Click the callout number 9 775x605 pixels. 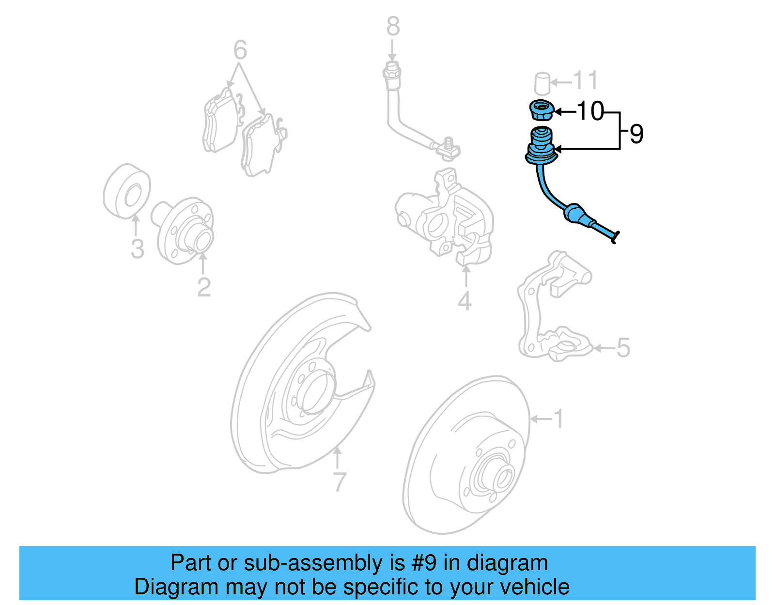pos(636,134)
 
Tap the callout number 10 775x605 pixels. pos(590,111)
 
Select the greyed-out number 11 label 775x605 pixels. pos(585,81)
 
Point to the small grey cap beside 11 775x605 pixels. pos(542,83)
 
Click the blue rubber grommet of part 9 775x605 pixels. pos(541,145)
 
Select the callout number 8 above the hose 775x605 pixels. pos(393,27)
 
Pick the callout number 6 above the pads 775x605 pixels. pos(240,50)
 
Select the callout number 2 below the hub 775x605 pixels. pos(203,287)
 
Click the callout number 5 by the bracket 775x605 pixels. pos(623,348)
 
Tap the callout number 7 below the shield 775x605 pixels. pos(339,481)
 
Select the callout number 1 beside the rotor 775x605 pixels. pos(558,419)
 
